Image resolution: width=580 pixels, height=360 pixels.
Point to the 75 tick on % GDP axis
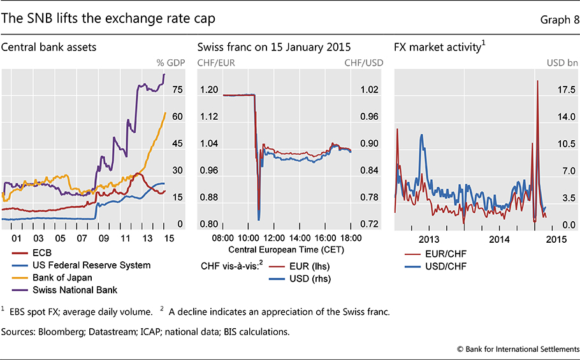pyautogui.click(x=177, y=90)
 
